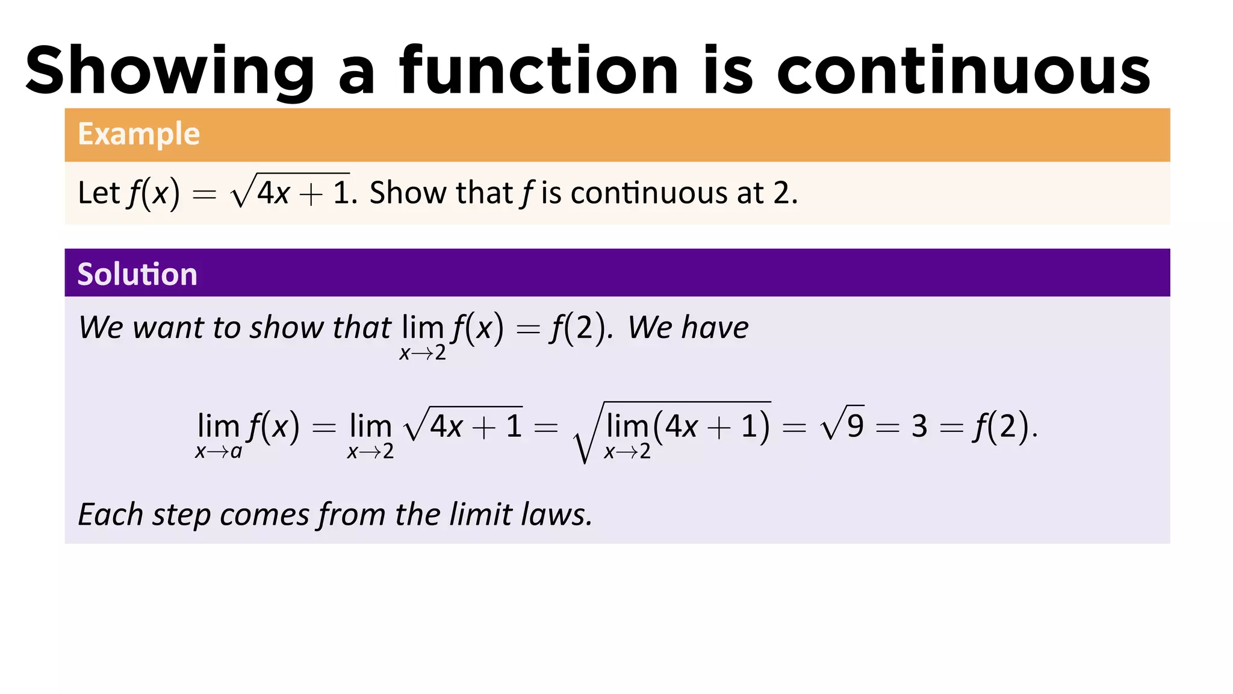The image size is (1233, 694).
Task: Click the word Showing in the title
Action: (170, 71)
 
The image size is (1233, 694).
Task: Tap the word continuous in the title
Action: (963, 71)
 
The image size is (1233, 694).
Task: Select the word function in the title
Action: (539, 71)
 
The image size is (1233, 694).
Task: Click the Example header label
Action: (138, 134)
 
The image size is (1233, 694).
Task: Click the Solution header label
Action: (137, 274)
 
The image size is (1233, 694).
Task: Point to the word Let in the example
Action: (99, 193)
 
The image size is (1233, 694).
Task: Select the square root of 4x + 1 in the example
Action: (290, 192)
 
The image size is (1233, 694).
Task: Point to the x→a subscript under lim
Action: (219, 451)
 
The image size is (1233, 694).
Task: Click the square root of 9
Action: (843, 425)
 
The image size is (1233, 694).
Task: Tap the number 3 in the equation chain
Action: (919, 427)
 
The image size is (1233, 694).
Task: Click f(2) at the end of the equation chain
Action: (1001, 427)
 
